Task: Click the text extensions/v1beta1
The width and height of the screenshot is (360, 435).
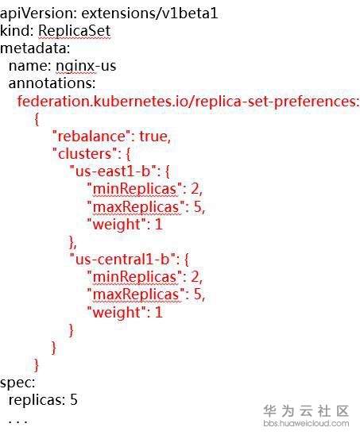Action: tap(149, 13)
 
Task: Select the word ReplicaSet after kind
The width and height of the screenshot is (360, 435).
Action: tap(75, 31)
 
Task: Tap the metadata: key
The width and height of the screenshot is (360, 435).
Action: tap(35, 48)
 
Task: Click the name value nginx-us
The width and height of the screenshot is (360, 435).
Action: tap(86, 66)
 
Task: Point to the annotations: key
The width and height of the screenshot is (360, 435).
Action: tap(52, 83)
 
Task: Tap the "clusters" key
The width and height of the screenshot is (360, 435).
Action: tap(85, 154)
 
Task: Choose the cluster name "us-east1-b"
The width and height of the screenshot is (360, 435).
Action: tap(113, 171)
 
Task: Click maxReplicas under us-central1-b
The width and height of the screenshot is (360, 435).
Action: tap(136, 294)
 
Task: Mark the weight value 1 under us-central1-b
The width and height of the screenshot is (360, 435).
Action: tap(159, 313)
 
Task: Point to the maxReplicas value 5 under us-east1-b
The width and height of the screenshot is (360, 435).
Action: tap(198, 206)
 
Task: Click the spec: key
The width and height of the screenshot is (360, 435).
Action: tap(17, 383)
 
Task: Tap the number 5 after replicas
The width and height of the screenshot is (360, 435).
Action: tap(74, 399)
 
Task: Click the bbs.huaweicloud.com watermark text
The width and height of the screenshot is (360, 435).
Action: tap(306, 423)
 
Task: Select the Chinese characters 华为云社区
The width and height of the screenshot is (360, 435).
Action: tap(306, 411)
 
